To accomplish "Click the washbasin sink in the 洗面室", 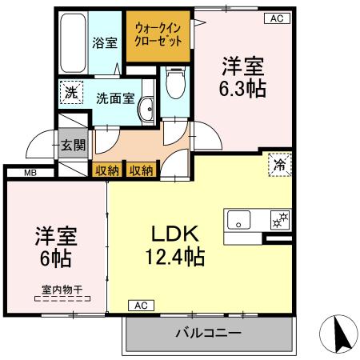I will pyautogui.click(x=146, y=110).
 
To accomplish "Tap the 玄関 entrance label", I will pyautogui.click(x=70, y=146).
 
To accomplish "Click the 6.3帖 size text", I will pyautogui.click(x=242, y=87).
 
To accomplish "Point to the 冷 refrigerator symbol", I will pyautogui.click(x=278, y=165).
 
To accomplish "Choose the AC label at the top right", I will pyautogui.click(x=276, y=18).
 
